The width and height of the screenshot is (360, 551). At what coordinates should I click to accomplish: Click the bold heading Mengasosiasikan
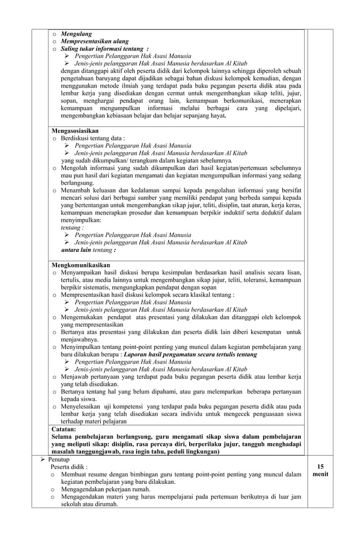click(x=74, y=130)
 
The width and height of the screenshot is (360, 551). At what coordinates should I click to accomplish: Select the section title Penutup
click(x=58, y=460)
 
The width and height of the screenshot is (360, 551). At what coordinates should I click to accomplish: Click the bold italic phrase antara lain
click(x=76, y=250)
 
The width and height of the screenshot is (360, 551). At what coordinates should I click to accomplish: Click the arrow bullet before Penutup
click(x=42, y=460)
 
